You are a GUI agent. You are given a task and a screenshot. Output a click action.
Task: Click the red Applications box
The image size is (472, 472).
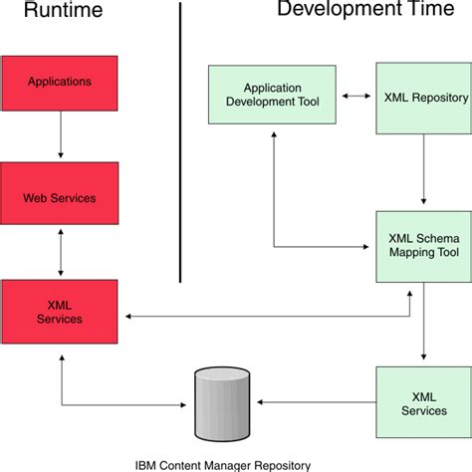60,82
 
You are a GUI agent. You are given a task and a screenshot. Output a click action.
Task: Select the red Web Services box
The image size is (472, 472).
60,197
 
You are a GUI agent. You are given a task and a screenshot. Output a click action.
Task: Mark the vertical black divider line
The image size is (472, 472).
179,139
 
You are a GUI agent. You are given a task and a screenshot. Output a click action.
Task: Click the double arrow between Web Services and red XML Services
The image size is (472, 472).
60,254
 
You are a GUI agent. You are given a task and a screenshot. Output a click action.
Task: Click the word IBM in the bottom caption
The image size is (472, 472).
145,463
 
